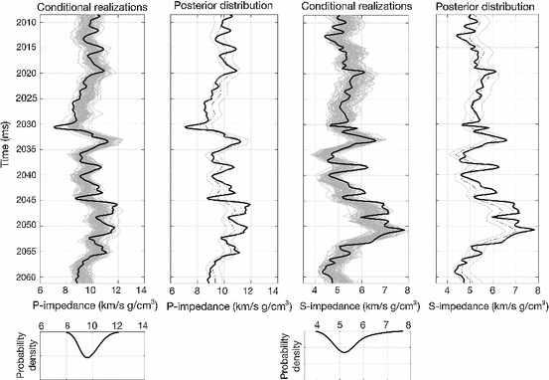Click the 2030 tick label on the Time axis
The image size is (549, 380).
tap(22, 124)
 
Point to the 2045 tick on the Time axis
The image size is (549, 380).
tap(22, 200)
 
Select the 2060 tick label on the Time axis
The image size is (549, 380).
tap(22, 277)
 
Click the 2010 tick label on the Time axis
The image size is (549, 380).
tap(22, 22)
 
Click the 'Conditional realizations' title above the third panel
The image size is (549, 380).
tap(356, 7)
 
